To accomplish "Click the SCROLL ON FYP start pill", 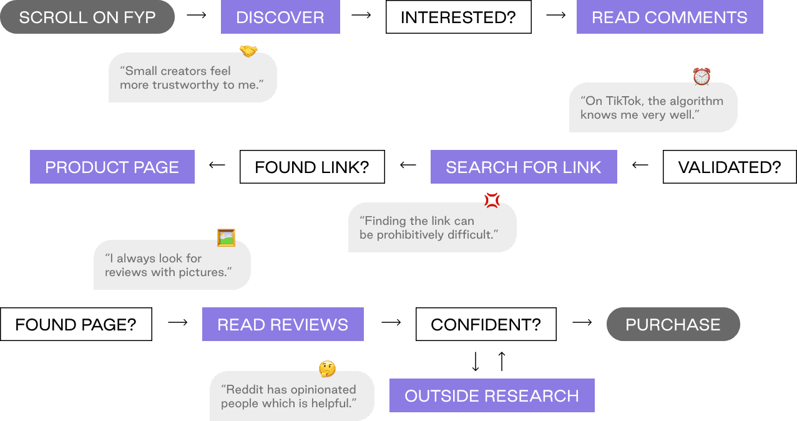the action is pyautogui.click(x=87, y=17).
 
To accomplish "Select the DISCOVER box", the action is pyautogui.click(x=280, y=17).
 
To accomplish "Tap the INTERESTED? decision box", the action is pyautogui.click(x=459, y=17).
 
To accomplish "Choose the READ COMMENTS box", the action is pyautogui.click(x=670, y=17).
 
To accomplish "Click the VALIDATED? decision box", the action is pyautogui.click(x=730, y=167).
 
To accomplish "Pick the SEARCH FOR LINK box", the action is pyautogui.click(x=524, y=167).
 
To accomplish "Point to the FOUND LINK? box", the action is pyautogui.click(x=313, y=167).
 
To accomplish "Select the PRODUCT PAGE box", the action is pyautogui.click(x=112, y=167).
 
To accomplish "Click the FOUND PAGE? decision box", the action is pyautogui.click(x=76, y=324).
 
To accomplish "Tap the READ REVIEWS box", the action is pyautogui.click(x=283, y=324).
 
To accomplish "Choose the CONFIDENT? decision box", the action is pyautogui.click(x=486, y=324).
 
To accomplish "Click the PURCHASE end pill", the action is pyautogui.click(x=673, y=324).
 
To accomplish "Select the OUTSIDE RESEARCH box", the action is pyautogui.click(x=492, y=395).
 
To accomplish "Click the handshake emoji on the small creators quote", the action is pyautogui.click(x=248, y=51).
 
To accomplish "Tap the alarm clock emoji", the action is pyautogui.click(x=702, y=77).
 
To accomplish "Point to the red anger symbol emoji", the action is pyautogui.click(x=492, y=201).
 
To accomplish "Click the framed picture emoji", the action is pyautogui.click(x=227, y=237).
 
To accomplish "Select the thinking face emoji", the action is pyautogui.click(x=327, y=369).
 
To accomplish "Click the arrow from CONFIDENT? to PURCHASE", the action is pyautogui.click(x=582, y=322).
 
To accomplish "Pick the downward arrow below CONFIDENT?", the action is pyautogui.click(x=476, y=361).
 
